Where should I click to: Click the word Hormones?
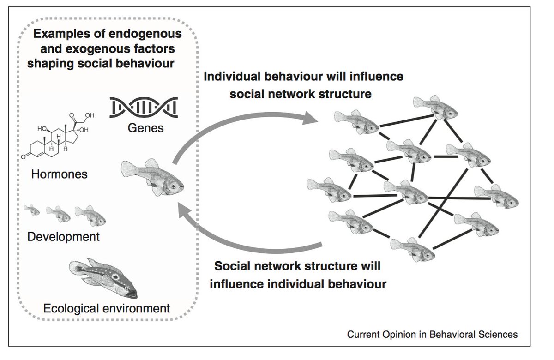[60, 175]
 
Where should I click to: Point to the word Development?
[64, 237]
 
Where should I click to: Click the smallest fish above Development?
[32, 211]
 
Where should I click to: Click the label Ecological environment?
[107, 308]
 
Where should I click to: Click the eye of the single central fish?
[173, 186]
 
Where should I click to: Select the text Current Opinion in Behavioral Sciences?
[432, 334]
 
